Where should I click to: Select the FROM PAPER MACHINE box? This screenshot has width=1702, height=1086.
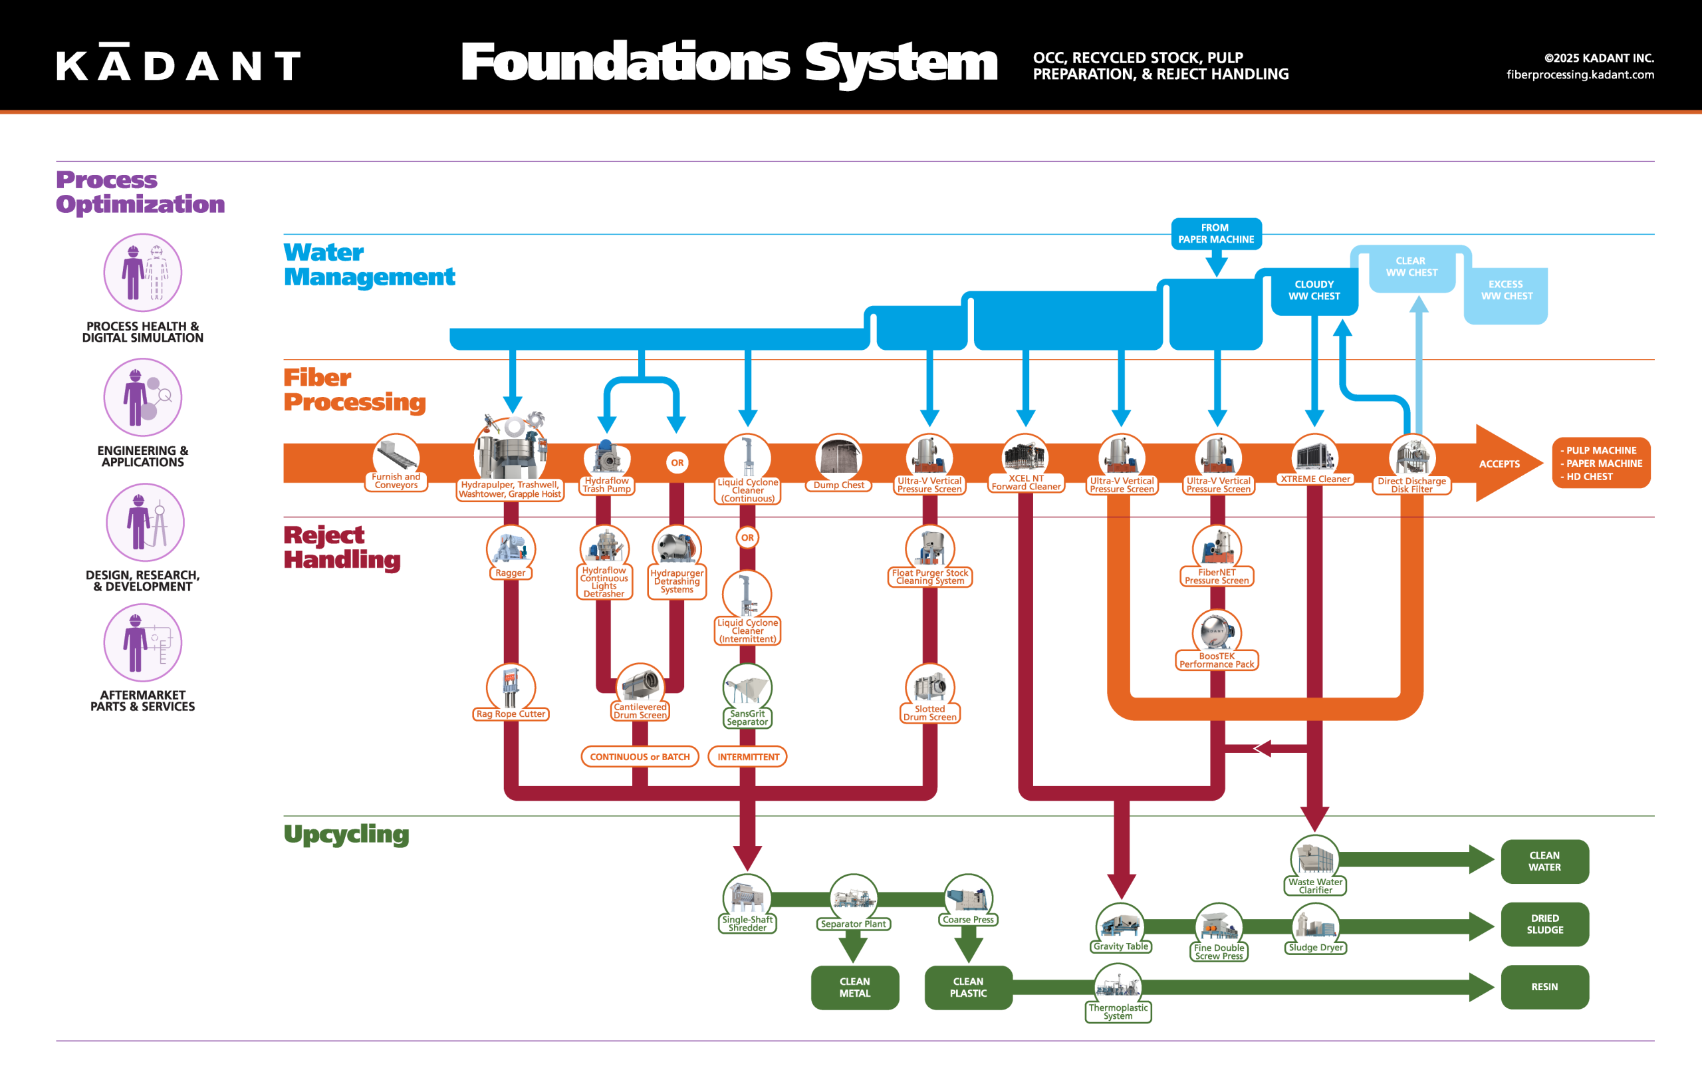tap(1216, 234)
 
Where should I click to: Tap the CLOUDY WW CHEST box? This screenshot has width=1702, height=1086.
tap(1314, 291)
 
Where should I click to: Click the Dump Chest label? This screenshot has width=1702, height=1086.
tap(838, 485)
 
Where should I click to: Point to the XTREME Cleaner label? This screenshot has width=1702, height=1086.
tap(1315, 479)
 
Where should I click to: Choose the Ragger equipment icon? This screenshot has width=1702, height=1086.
tap(511, 547)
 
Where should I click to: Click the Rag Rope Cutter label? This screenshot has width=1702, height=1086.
tap(511, 714)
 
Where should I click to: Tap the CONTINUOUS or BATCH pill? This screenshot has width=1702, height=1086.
tap(640, 757)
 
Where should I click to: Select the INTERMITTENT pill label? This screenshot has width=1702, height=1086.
tap(748, 757)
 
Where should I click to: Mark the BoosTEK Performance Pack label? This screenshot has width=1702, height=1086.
tap(1217, 660)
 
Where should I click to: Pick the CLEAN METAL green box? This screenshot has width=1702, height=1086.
tap(854, 987)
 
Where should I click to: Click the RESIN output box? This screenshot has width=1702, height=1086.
tap(1544, 987)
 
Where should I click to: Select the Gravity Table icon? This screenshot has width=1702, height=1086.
tap(1120, 923)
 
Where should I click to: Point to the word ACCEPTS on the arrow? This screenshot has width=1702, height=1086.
tap(1499, 464)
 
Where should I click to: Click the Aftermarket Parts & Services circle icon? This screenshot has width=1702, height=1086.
tap(143, 642)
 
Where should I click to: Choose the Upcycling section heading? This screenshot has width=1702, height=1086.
tap(346, 835)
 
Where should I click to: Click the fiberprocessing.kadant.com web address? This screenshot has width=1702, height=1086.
tap(1580, 74)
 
